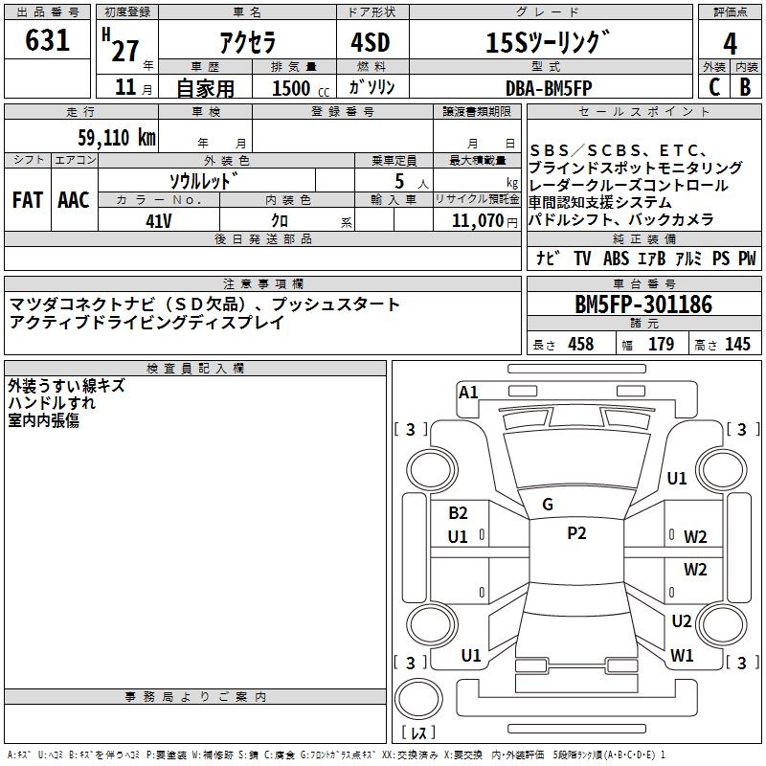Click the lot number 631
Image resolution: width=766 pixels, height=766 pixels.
(x=48, y=40)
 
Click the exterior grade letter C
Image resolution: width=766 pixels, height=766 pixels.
(x=713, y=86)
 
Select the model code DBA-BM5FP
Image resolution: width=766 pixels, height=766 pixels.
(x=549, y=87)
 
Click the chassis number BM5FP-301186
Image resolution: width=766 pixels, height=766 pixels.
(x=643, y=305)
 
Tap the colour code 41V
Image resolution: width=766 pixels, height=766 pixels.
(x=159, y=219)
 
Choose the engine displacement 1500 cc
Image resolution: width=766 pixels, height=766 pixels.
(x=293, y=87)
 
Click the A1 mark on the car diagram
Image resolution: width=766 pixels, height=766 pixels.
(x=468, y=392)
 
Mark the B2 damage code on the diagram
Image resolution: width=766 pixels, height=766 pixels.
(x=458, y=513)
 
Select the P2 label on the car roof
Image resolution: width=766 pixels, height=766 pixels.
(x=576, y=533)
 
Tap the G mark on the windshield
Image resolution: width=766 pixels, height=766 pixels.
(x=548, y=504)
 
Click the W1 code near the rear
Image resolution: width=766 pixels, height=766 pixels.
(x=682, y=656)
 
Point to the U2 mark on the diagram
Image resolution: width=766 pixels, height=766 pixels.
(x=681, y=620)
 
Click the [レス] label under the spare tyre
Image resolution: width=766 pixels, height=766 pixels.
(x=419, y=733)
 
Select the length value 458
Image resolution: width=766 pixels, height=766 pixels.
(x=580, y=345)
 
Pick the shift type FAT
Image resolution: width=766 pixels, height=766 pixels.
(x=27, y=199)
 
